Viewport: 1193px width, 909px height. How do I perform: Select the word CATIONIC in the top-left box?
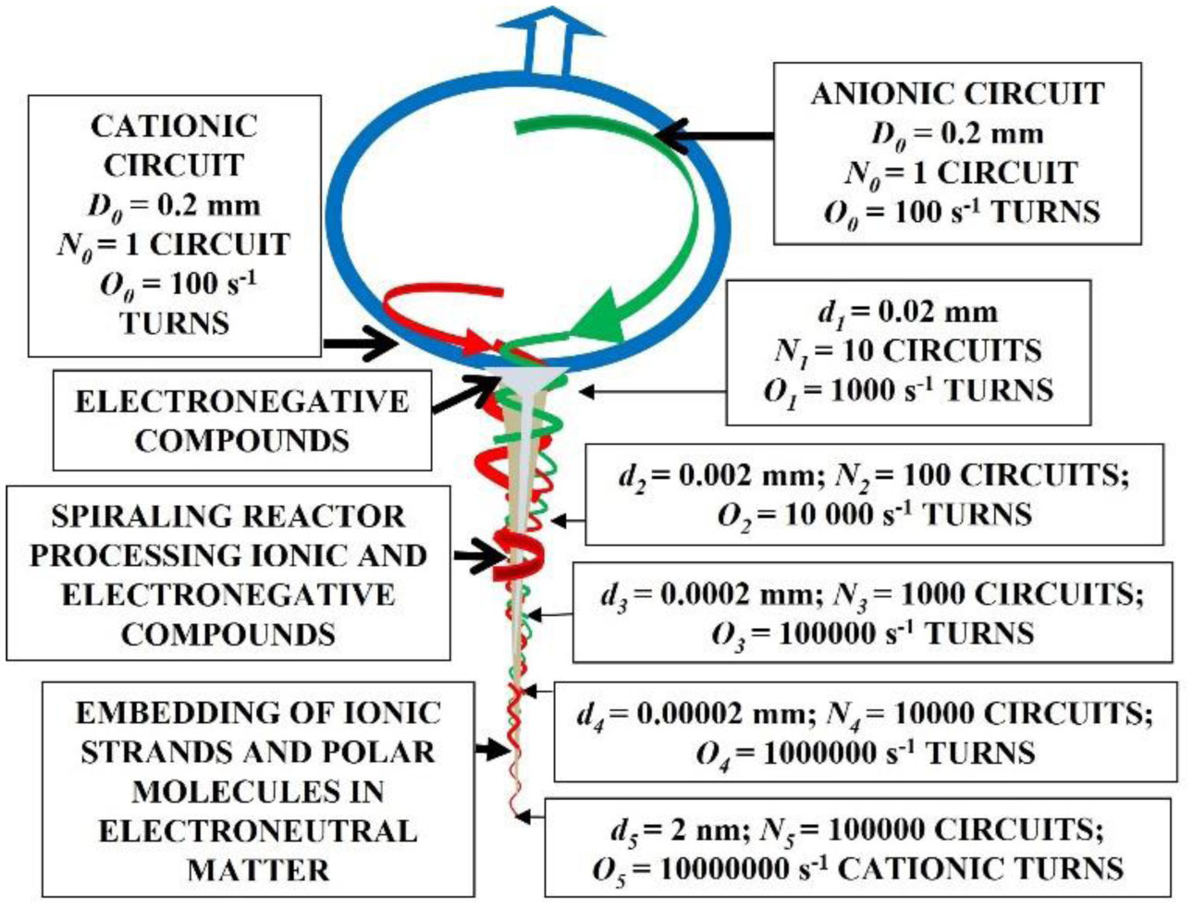174,126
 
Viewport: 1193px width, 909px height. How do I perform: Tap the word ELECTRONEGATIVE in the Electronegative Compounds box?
241,401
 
